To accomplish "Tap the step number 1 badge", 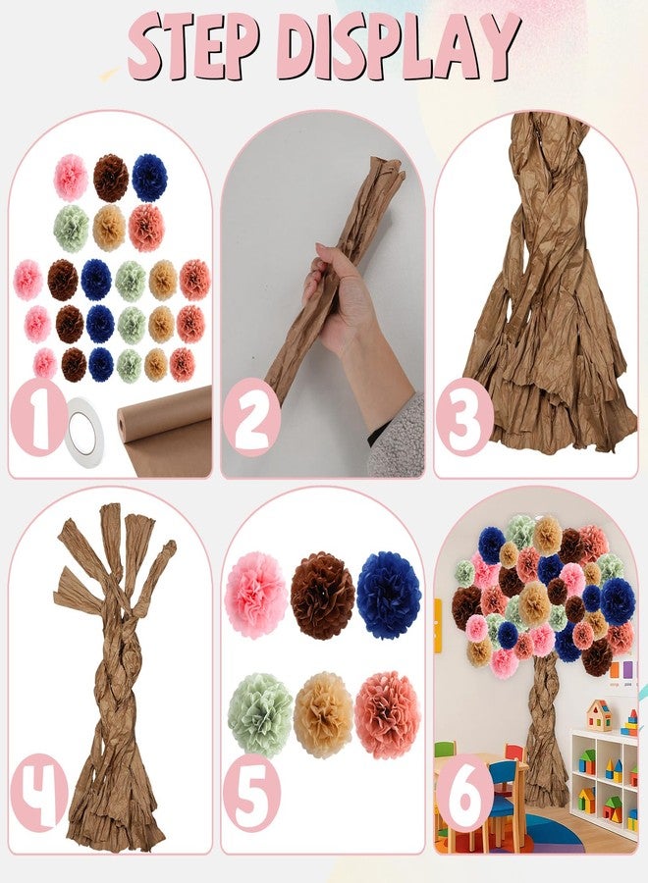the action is point(37,418).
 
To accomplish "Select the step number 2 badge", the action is point(251,417).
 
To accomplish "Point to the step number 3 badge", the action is point(464,417).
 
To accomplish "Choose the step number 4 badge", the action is point(38,793).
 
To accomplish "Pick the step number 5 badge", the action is point(251,793).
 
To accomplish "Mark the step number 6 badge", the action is point(464,793).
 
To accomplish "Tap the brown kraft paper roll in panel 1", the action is point(165,430).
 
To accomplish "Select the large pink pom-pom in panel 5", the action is point(255,595).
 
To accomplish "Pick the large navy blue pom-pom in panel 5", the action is point(389,595).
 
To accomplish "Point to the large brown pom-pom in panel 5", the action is point(323,596).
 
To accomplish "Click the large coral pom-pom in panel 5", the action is point(388,714).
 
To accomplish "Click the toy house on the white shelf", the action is point(599,714).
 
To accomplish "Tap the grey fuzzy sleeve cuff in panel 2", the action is point(397,436).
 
